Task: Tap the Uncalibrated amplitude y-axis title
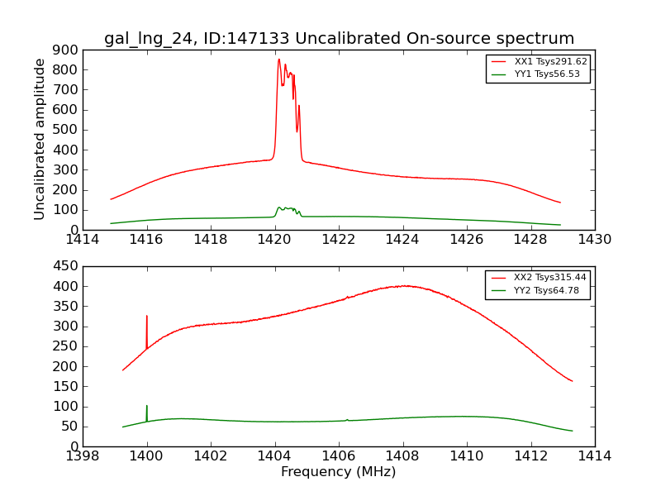coord(40,140)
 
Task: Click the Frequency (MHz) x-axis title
coord(338,472)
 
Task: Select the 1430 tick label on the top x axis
coord(594,240)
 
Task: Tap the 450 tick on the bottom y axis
coord(68,266)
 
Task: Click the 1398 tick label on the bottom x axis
coord(83,456)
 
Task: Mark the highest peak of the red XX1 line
coord(278,60)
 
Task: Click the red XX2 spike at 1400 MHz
coord(147,316)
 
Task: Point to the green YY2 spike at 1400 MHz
coord(147,406)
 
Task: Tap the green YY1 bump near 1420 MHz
coord(280,207)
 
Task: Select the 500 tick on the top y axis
coord(68,130)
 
